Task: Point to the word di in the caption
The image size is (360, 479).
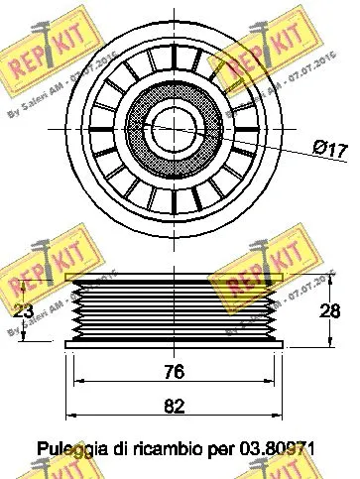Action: [x=114, y=448]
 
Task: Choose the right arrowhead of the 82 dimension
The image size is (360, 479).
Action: [x=282, y=416]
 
